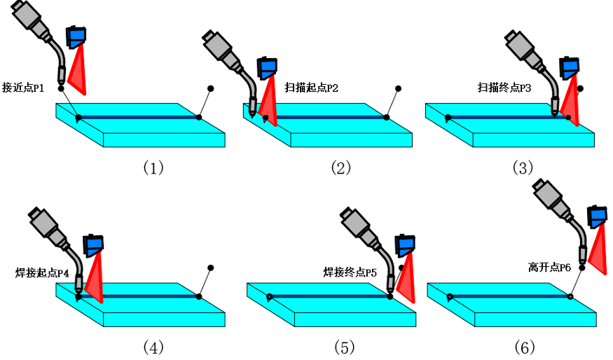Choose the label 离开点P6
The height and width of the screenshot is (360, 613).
tap(549, 268)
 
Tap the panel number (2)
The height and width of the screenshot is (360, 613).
tap(340, 167)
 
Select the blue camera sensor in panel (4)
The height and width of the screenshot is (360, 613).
tap(94, 243)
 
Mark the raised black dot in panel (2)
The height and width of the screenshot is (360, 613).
tap(398, 89)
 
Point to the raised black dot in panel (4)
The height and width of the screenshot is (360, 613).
tap(210, 268)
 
